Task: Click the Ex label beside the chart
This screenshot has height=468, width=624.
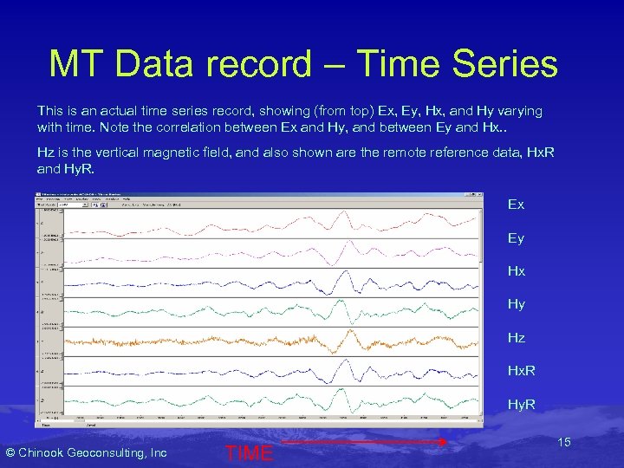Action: [x=516, y=205]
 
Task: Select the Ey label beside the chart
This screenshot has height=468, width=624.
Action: [x=516, y=237]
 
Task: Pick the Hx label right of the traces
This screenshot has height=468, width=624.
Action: [x=516, y=271]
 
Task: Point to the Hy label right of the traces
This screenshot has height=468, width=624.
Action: [x=516, y=304]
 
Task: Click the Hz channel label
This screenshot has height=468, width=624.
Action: [x=516, y=337]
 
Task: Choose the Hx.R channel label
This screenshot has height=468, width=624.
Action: [x=521, y=371]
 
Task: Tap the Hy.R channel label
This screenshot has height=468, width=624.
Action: [x=521, y=404]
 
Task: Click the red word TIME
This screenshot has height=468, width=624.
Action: [x=249, y=452]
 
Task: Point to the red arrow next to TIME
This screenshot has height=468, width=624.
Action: [x=364, y=442]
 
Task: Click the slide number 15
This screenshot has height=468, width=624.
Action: [x=563, y=443]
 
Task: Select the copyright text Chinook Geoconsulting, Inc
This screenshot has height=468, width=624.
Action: [x=87, y=452]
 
